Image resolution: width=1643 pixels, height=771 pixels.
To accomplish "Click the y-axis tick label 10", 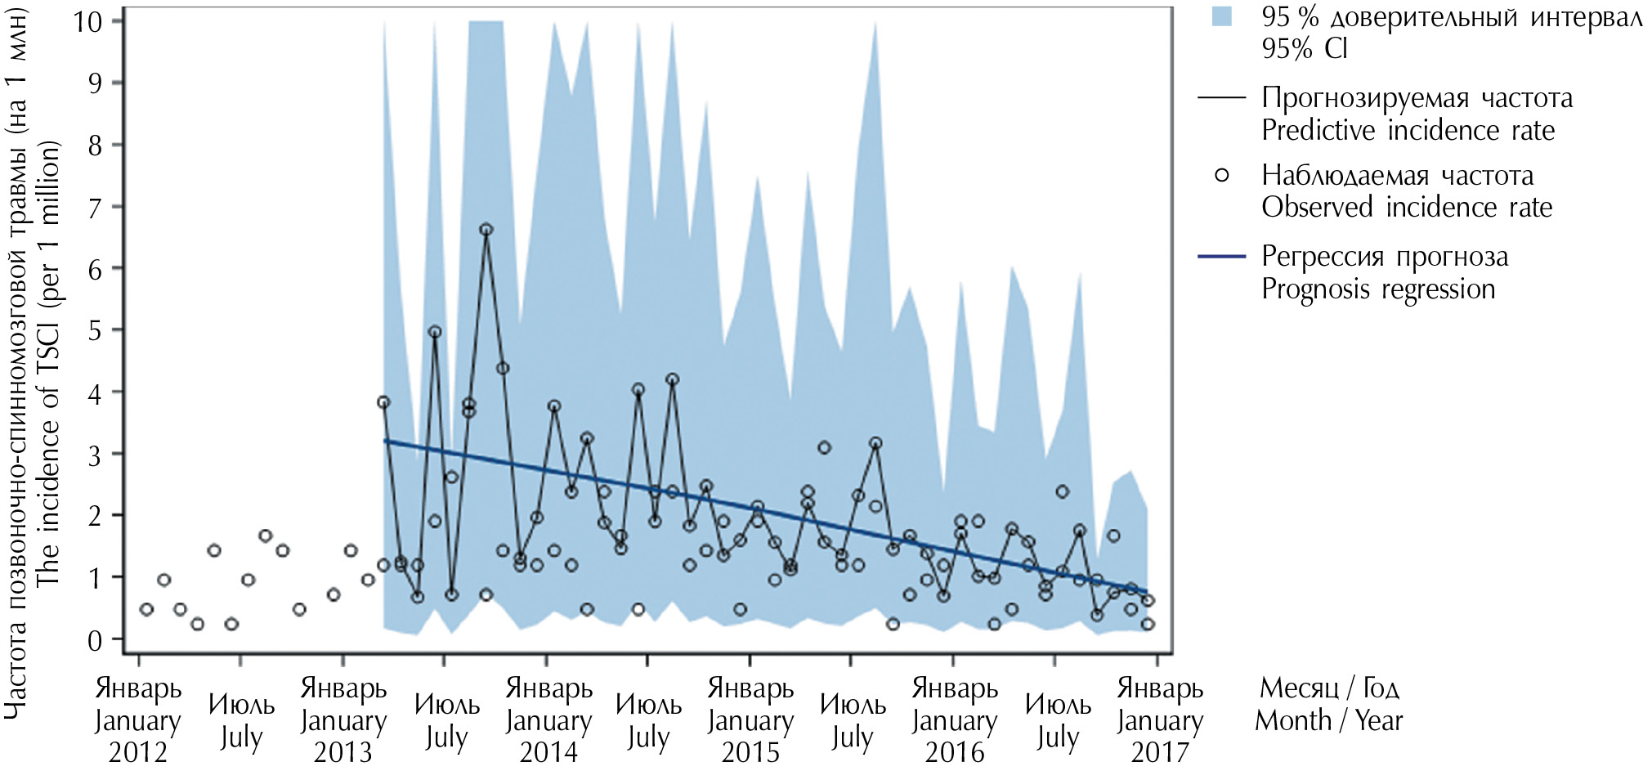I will (87, 21).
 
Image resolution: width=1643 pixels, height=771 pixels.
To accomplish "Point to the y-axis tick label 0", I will (95, 640).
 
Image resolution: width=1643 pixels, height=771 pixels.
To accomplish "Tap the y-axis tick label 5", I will (95, 331).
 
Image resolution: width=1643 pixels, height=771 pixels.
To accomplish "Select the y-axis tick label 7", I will (95, 208).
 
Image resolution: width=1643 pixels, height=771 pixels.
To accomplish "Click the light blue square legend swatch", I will (1221, 16).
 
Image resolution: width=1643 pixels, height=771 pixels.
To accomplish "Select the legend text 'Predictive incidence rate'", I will (1408, 131).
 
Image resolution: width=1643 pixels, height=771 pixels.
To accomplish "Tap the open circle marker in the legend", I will (1221, 175).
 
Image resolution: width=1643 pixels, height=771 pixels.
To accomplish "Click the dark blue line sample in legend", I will (1221, 257).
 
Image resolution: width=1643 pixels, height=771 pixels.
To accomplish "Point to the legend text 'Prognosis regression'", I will (1378, 289).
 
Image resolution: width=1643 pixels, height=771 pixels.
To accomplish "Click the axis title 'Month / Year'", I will (1328, 720).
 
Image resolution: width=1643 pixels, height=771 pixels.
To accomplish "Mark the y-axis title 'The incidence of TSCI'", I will (48, 364).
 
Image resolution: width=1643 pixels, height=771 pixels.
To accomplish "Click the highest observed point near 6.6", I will (486, 230).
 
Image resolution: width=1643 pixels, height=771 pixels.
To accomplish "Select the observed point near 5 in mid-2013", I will (435, 332).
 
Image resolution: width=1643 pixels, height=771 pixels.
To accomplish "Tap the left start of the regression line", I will (385, 441).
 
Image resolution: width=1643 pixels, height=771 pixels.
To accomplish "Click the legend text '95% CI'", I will (1304, 49).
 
